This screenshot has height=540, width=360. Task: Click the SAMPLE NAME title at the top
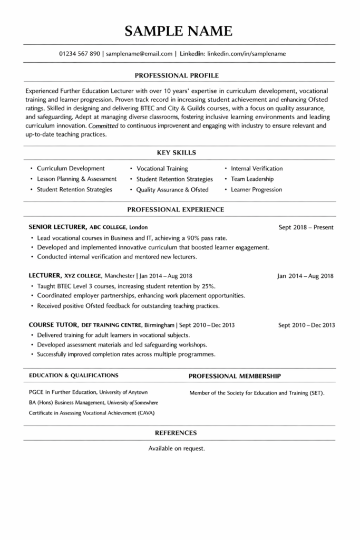click(179, 31)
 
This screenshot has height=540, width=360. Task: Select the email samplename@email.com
click(139, 54)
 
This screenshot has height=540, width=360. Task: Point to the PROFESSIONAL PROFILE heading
click(177, 75)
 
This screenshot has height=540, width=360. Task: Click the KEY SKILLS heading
click(177, 153)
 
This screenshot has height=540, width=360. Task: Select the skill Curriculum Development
click(71, 169)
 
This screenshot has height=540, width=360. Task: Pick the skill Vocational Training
click(162, 169)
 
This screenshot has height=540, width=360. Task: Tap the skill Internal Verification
click(257, 169)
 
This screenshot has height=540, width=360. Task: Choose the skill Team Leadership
click(252, 179)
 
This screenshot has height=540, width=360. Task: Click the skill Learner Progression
click(256, 190)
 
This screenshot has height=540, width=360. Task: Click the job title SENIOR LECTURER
click(57, 227)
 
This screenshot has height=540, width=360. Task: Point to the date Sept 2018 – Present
click(306, 228)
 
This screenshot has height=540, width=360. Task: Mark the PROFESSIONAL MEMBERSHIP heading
click(235, 376)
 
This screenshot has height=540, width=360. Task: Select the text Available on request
click(177, 449)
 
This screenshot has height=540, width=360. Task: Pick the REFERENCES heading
click(176, 433)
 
